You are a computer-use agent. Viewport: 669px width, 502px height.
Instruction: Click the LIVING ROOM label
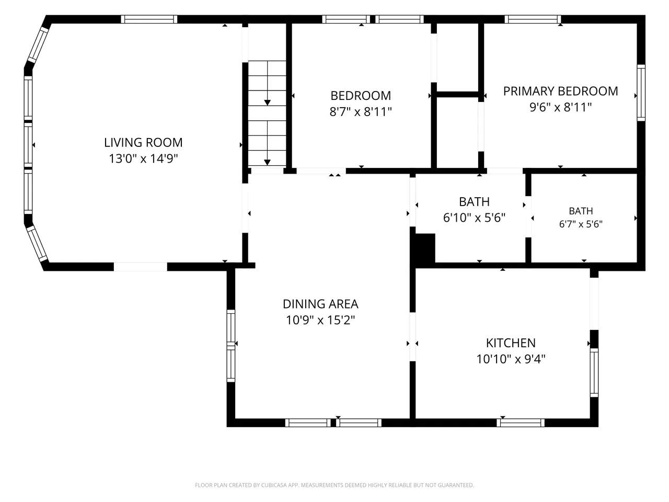(x=143, y=142)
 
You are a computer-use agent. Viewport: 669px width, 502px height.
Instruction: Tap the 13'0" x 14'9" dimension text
(x=143, y=158)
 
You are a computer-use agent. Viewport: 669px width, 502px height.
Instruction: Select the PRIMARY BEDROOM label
(x=560, y=91)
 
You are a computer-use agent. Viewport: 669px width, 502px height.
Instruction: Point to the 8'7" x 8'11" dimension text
(x=361, y=111)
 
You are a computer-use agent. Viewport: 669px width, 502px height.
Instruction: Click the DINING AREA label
(x=320, y=304)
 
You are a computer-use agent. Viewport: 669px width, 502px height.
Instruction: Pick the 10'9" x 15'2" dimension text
(x=320, y=320)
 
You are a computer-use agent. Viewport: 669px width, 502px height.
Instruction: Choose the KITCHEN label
(x=511, y=343)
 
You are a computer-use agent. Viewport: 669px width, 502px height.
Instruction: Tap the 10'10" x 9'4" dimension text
(x=511, y=359)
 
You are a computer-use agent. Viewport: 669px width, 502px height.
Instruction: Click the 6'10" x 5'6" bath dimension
(x=474, y=218)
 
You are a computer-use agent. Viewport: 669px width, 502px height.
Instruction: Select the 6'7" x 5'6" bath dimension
(x=581, y=224)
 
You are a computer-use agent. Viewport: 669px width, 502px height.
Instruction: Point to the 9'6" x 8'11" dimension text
(x=560, y=107)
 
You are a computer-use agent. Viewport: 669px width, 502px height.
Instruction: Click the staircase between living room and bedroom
(x=267, y=113)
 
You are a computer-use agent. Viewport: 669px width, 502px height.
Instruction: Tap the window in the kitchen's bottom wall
(x=520, y=423)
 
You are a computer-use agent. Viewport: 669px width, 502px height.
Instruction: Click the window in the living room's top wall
(x=149, y=19)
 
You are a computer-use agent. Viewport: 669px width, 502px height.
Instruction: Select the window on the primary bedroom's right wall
(x=641, y=93)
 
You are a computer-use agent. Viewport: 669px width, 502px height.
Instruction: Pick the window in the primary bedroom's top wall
(x=533, y=19)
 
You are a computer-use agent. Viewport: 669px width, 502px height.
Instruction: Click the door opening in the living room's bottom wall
(x=141, y=267)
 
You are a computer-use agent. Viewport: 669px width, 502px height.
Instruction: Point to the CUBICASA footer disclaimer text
(x=334, y=485)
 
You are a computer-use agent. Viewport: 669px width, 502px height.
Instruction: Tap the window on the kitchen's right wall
(x=594, y=373)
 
